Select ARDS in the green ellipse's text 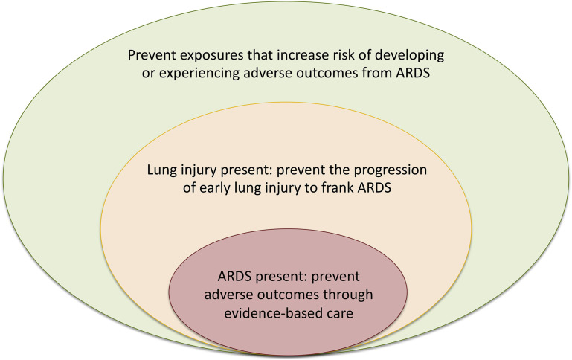[x=413, y=74]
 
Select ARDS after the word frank [x=375, y=188]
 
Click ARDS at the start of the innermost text [x=234, y=277]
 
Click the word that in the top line [x=260, y=55]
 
